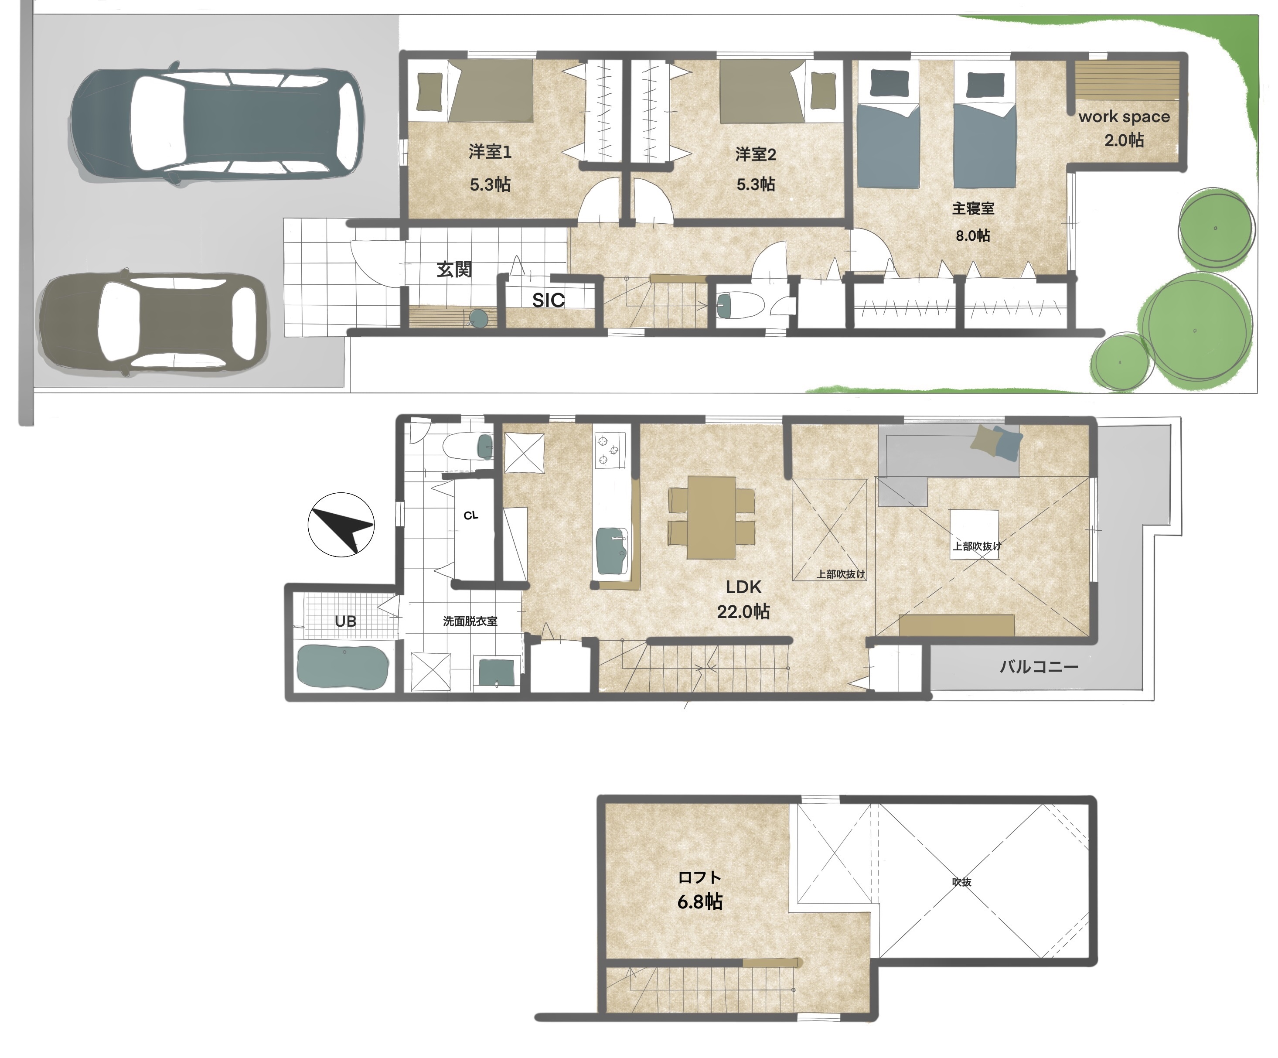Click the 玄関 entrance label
tap(454, 269)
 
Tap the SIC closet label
tap(549, 300)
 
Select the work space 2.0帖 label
tap(1124, 128)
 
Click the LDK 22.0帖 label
tap(743, 599)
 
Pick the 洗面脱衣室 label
tap(470, 621)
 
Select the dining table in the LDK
tap(712, 517)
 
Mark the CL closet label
tap(471, 515)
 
